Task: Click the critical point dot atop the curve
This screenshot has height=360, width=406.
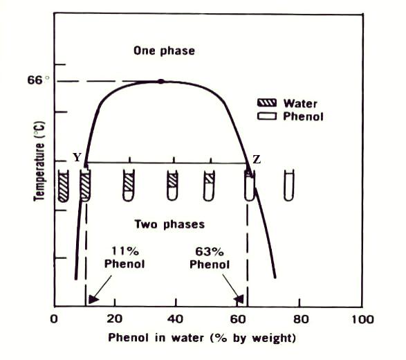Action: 161,82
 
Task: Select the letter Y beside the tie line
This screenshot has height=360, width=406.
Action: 77,157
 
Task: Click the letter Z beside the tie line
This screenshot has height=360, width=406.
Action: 257,159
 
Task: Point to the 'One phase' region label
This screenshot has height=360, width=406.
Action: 164,51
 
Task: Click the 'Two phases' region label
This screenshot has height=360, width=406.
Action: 169,224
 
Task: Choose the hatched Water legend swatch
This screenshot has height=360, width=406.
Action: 267,103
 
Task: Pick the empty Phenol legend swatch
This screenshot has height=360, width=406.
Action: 267,116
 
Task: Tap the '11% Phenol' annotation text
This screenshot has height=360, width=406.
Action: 124,258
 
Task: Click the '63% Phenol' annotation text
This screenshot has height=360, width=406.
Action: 210,258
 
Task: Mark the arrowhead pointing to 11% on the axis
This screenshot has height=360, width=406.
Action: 93,299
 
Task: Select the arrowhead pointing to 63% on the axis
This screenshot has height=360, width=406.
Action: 239,299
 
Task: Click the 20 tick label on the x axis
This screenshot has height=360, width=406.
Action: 114,318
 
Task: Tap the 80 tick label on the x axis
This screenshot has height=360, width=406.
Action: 301,319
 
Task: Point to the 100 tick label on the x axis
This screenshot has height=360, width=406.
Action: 362,319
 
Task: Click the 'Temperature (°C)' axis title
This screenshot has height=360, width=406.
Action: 39,161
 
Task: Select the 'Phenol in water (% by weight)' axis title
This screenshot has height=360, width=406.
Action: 202,338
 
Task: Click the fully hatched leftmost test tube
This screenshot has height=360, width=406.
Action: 63,186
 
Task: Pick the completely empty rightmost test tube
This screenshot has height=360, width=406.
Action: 288,186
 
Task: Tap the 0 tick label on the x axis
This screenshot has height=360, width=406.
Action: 54,318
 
